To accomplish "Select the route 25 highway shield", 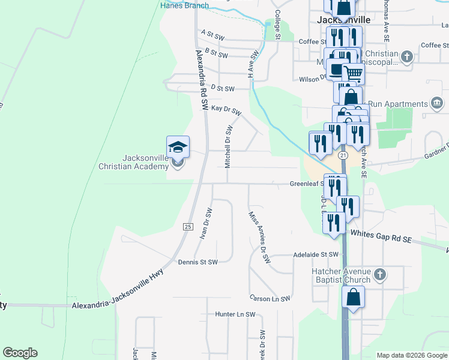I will coord(188,226).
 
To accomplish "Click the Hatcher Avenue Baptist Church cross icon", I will coord(379,275).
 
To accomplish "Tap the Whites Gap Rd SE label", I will coord(381,236).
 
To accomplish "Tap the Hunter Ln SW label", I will coord(235,314).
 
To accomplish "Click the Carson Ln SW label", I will coord(270,298).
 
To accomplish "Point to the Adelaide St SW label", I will coord(316,254).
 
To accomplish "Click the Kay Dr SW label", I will coord(225,110).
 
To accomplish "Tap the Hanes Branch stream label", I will coord(184,6).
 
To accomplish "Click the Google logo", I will coord(20,353).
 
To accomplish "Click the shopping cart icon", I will coord(354,74).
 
